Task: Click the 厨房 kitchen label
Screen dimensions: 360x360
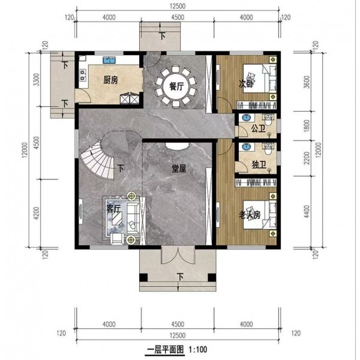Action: tap(110, 80)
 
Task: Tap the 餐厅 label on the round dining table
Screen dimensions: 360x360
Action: tap(176, 87)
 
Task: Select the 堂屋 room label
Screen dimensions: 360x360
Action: tap(179, 169)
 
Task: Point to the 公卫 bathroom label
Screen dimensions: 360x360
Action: tap(258, 128)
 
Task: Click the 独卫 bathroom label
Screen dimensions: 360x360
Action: tap(259, 164)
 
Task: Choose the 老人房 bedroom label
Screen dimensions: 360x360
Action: tap(250, 215)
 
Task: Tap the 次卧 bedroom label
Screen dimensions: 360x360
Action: tap(246, 83)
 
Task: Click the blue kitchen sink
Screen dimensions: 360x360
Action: tap(109, 60)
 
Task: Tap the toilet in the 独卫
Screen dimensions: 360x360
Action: tap(268, 149)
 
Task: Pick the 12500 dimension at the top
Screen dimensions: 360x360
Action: tap(178, 6)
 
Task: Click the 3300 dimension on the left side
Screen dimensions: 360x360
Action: tap(37, 80)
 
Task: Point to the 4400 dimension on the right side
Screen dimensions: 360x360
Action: tap(307, 212)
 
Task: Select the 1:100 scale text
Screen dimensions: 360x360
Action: tap(197, 350)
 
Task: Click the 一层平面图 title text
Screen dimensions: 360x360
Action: tap(166, 350)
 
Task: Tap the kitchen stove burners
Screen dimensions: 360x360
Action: tap(82, 76)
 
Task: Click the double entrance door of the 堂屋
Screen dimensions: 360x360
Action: tap(178, 255)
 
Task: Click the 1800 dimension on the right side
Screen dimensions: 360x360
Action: tap(307, 125)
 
